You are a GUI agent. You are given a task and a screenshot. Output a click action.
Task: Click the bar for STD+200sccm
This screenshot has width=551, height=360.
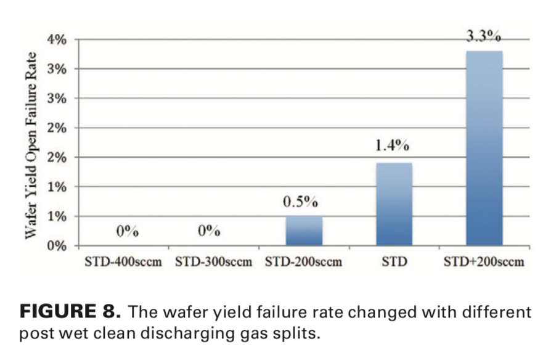point(484,148)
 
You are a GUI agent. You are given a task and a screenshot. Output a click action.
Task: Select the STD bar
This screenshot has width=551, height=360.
point(394,204)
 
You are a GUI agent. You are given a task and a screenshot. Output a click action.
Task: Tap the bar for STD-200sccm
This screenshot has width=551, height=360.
point(304,231)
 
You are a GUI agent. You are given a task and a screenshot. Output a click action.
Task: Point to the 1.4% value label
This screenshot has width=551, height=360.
point(393,147)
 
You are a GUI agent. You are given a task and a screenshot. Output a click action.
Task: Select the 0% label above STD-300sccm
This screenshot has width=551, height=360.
point(210,231)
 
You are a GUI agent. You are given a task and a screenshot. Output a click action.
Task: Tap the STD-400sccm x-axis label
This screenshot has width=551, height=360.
point(123,262)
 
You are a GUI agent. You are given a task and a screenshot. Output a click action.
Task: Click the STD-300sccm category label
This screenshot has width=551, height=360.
point(214,262)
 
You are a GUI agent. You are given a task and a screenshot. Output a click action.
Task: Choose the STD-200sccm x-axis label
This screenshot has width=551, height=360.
point(304,262)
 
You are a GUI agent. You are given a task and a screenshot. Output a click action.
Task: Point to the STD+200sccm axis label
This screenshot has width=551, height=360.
point(484,262)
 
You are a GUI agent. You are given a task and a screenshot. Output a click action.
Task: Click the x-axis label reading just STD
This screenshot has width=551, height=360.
point(394,262)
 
